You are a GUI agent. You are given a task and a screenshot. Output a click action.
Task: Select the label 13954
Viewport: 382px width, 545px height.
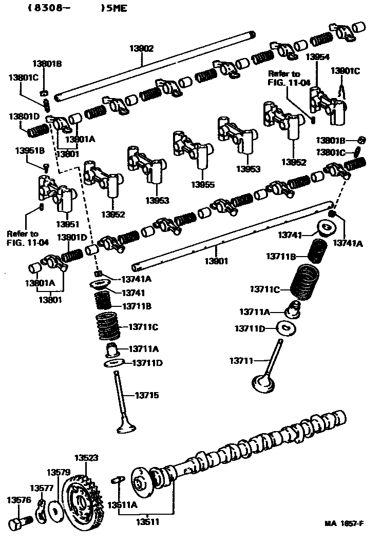317,57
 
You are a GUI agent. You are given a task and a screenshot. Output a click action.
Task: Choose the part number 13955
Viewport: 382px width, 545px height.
203,184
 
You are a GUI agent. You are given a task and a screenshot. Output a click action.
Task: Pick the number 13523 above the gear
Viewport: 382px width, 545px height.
86,457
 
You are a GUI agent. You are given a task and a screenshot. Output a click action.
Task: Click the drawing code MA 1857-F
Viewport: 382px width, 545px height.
344,523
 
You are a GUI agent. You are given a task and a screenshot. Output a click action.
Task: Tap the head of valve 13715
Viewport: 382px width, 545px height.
125,428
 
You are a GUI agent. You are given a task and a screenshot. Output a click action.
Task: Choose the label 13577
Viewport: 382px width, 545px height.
40,488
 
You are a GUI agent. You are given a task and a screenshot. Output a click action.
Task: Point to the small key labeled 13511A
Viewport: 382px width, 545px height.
118,479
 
